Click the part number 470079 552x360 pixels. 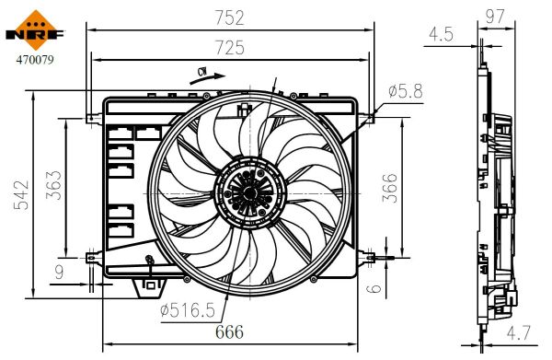point(34,64)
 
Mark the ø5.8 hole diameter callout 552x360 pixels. point(406,91)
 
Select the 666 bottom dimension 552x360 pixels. point(229,332)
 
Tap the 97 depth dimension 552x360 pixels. point(498,16)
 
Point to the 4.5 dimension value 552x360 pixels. point(441,35)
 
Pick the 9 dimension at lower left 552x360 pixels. point(60,271)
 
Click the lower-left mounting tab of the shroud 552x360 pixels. point(92,257)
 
